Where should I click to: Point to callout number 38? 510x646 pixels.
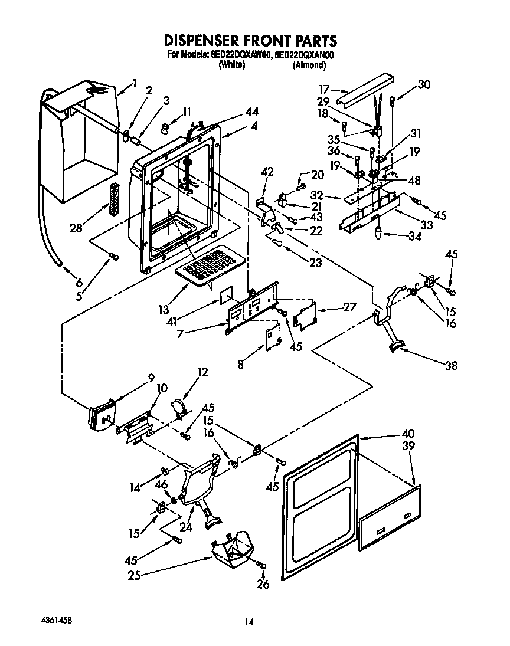[450, 366]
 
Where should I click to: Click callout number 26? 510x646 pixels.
[263, 585]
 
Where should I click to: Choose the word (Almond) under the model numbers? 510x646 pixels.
[309, 65]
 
